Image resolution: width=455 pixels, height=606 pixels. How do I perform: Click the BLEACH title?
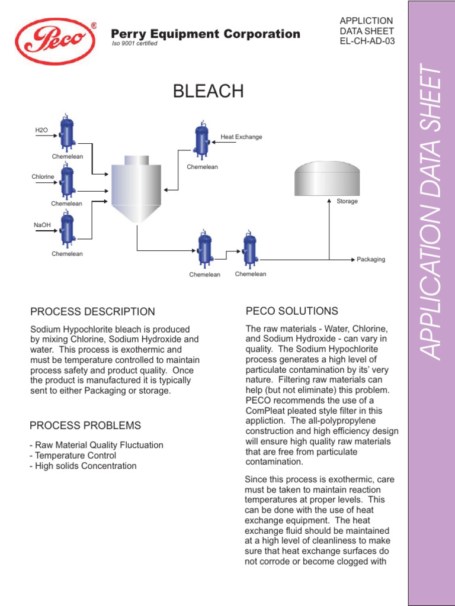click(x=208, y=91)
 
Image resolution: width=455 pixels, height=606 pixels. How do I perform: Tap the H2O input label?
click(x=41, y=130)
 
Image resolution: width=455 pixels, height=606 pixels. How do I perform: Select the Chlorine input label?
click(x=43, y=177)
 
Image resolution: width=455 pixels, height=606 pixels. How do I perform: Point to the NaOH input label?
click(x=42, y=224)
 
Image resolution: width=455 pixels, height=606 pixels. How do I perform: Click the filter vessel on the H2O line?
click(x=67, y=133)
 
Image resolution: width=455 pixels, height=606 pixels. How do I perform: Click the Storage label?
click(x=347, y=201)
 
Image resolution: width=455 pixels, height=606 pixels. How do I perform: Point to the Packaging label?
click(x=371, y=259)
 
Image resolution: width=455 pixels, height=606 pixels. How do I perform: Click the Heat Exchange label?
click(x=241, y=137)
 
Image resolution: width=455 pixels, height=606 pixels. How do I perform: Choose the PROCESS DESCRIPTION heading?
click(x=92, y=312)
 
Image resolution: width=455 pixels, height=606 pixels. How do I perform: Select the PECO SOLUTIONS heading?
click(x=291, y=311)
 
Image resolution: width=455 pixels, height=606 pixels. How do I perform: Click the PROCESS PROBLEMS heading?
click(x=85, y=426)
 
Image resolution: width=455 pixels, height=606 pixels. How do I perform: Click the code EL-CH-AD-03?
click(x=366, y=41)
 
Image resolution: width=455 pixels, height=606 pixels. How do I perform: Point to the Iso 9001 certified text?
click(x=134, y=44)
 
